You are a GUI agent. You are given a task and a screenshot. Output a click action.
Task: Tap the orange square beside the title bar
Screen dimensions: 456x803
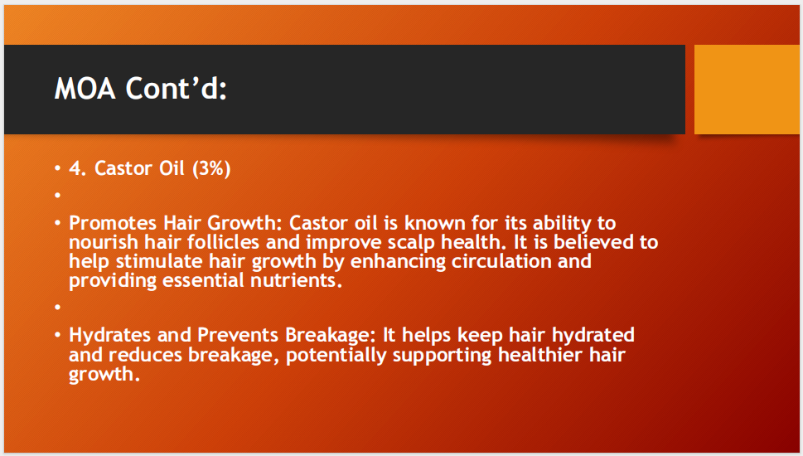(x=747, y=89)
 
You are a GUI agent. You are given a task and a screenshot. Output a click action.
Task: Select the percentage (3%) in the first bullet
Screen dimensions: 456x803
(x=211, y=168)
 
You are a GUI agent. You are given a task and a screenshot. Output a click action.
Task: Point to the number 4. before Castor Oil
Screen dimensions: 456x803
(x=79, y=168)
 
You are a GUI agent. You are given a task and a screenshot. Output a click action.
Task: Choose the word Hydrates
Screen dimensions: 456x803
(x=108, y=335)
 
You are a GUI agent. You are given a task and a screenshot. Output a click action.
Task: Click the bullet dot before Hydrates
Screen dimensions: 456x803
(x=58, y=336)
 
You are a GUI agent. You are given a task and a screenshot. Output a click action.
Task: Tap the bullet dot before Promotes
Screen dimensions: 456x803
(x=58, y=224)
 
